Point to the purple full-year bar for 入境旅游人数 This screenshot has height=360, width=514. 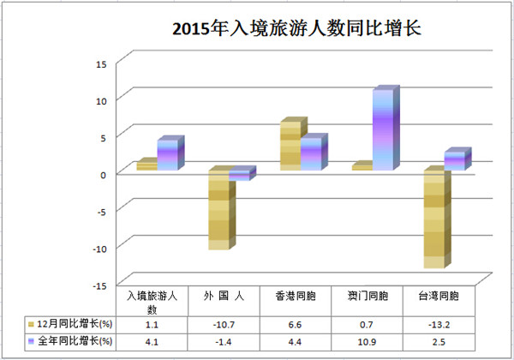click(168, 155)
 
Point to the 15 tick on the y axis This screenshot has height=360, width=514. click(100, 63)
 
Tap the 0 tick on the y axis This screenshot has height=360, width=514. click(104, 174)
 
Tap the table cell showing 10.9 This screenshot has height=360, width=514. click(368, 342)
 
